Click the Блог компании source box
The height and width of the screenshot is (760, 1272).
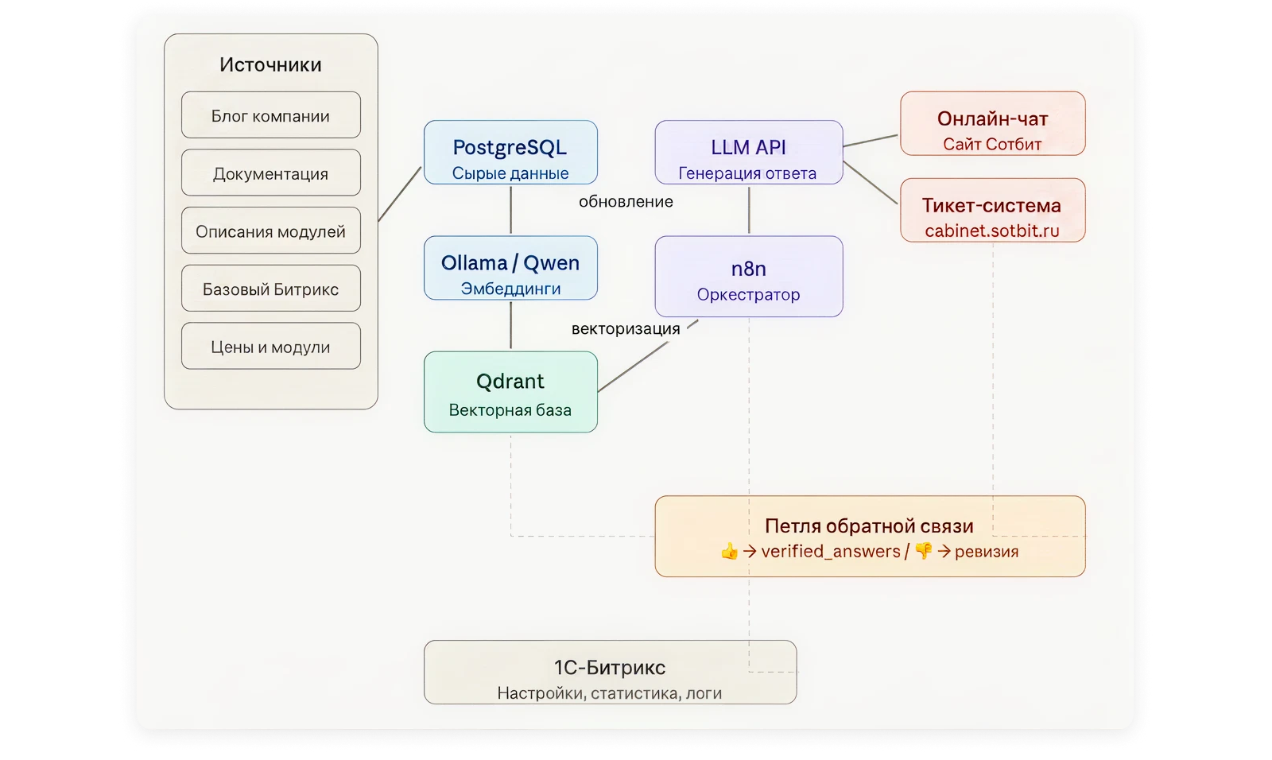coord(271,114)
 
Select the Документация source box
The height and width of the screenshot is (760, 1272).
coord(271,173)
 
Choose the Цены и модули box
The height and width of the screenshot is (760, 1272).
coord(271,346)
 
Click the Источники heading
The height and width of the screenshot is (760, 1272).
coord(271,64)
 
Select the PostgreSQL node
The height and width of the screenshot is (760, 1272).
coord(510,152)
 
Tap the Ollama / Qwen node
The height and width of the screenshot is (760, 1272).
coord(510,268)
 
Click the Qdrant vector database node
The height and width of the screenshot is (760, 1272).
coord(510,392)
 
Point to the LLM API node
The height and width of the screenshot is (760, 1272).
coord(748,152)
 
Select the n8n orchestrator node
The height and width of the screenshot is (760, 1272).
coord(748,277)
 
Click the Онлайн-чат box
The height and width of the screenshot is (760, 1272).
coord(993,123)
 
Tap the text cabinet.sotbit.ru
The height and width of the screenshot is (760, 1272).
coord(992,231)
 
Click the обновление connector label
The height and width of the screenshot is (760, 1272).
coord(626,202)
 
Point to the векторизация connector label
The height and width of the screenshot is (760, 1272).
coord(626,329)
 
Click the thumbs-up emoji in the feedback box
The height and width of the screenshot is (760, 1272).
coord(729,551)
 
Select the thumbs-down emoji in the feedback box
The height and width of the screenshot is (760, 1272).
coord(924,551)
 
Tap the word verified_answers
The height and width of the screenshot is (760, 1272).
coord(831,552)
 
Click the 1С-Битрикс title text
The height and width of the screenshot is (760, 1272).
coord(610,668)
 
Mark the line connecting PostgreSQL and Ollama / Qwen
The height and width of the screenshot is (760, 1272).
coord(510,210)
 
